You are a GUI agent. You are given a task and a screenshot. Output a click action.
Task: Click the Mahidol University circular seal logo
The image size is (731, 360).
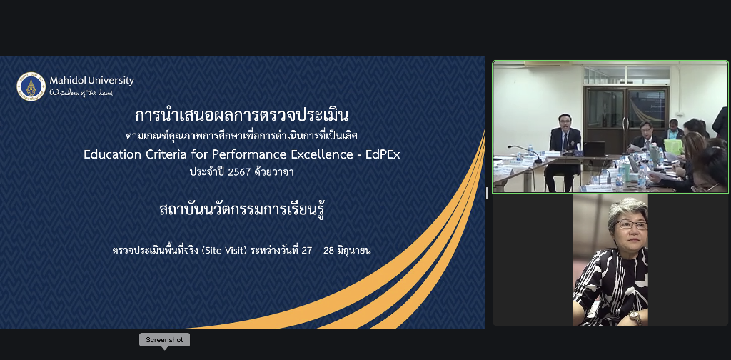[x=31, y=86]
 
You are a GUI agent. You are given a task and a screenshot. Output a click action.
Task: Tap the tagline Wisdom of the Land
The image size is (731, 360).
[x=81, y=92]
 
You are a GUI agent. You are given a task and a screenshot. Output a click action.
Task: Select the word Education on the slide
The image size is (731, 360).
[x=109, y=155]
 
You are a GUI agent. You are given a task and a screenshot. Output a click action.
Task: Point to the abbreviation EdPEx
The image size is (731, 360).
[x=383, y=155]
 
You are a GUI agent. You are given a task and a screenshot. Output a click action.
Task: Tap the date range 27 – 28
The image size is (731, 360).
[x=318, y=251]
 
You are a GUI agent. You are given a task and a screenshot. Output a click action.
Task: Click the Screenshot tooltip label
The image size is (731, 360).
[x=165, y=339]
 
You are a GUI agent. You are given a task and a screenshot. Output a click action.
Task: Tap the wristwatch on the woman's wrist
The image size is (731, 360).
[x=635, y=316]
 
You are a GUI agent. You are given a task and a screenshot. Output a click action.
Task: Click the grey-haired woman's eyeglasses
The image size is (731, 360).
[x=631, y=225]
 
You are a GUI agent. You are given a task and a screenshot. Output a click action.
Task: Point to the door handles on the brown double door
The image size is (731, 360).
[x=625, y=123]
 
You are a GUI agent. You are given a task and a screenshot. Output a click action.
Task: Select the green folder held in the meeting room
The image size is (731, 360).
[x=673, y=146]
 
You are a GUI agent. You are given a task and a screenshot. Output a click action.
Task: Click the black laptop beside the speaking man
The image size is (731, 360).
[x=594, y=149]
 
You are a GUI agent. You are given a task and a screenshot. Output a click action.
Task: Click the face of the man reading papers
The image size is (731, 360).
[x=645, y=129]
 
